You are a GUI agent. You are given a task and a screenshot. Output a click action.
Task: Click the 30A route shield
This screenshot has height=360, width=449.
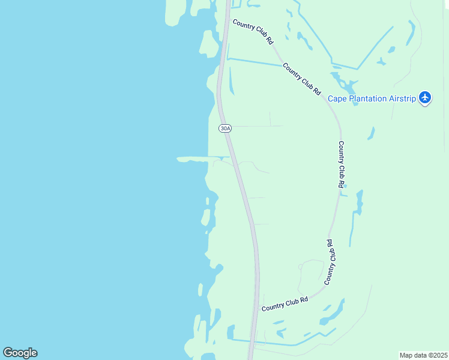point(224,128)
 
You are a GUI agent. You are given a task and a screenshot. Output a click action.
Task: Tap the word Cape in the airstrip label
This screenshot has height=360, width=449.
point(339,98)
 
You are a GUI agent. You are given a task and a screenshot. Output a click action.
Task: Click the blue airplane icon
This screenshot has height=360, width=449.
point(425,97)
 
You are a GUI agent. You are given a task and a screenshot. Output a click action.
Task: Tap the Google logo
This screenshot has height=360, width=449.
point(20,353)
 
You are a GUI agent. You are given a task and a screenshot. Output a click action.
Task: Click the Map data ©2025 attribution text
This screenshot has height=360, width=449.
point(423,355)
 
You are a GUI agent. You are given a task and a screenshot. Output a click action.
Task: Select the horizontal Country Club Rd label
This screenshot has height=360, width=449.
point(285,304)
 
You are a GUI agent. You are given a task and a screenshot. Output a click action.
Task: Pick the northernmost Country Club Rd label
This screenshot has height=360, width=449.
point(253,32)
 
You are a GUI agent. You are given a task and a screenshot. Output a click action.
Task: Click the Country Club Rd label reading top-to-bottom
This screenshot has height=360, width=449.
point(341,165)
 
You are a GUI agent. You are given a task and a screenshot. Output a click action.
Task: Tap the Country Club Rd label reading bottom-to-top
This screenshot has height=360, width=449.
point(329,262)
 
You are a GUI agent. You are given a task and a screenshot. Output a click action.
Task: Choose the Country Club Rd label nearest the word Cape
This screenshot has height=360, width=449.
point(301,79)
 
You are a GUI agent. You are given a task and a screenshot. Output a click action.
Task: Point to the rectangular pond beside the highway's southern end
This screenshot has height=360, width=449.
point(231,332)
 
